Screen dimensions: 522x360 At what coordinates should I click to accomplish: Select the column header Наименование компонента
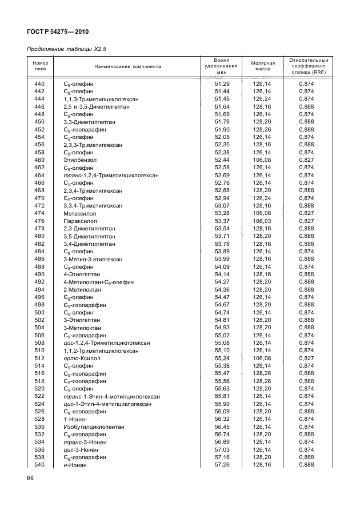pyautogui.click(x=127, y=67)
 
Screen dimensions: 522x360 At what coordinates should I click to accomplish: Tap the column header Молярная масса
pyautogui.click(x=263, y=67)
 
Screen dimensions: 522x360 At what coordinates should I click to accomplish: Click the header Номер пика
pyautogui.click(x=40, y=67)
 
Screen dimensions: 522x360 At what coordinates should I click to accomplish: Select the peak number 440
pyautogui.click(x=39, y=84)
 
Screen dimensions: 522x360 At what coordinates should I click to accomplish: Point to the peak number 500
pyautogui.click(x=39, y=313)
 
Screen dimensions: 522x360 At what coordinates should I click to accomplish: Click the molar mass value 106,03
pyautogui.click(x=263, y=221)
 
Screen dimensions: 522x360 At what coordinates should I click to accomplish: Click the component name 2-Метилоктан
pyautogui.click(x=82, y=290)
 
